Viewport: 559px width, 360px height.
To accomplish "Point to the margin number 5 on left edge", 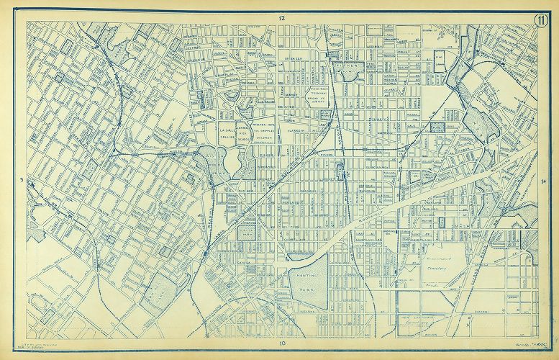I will (x=23, y=180).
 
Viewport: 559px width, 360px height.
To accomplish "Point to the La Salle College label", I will (x=228, y=132).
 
